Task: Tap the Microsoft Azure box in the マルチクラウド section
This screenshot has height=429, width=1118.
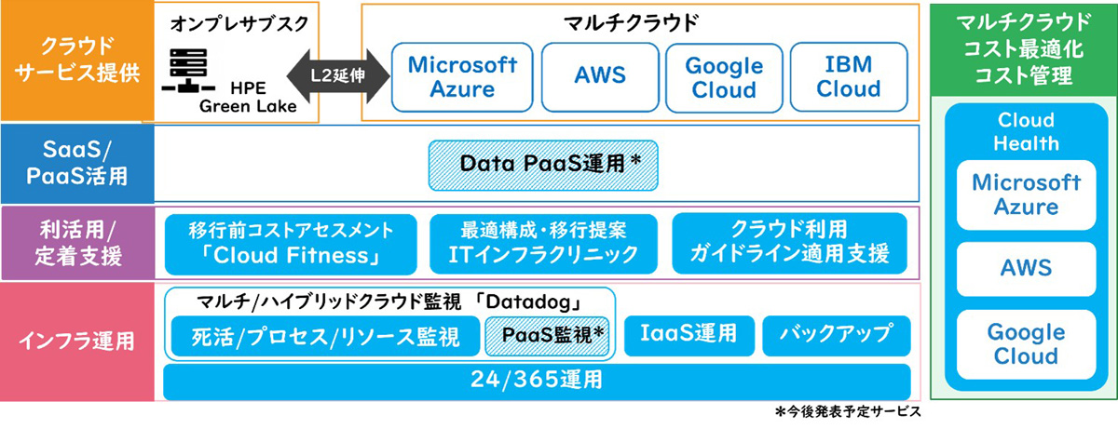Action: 462,77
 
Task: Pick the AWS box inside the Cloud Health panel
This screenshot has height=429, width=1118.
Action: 1026,269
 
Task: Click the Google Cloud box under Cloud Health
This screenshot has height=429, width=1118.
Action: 1026,344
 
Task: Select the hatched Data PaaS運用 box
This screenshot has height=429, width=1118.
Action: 543,162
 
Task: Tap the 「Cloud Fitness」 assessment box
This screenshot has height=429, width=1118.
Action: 291,242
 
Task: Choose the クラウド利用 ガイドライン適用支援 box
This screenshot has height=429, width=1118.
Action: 789,242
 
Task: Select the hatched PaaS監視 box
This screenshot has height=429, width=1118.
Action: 548,336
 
